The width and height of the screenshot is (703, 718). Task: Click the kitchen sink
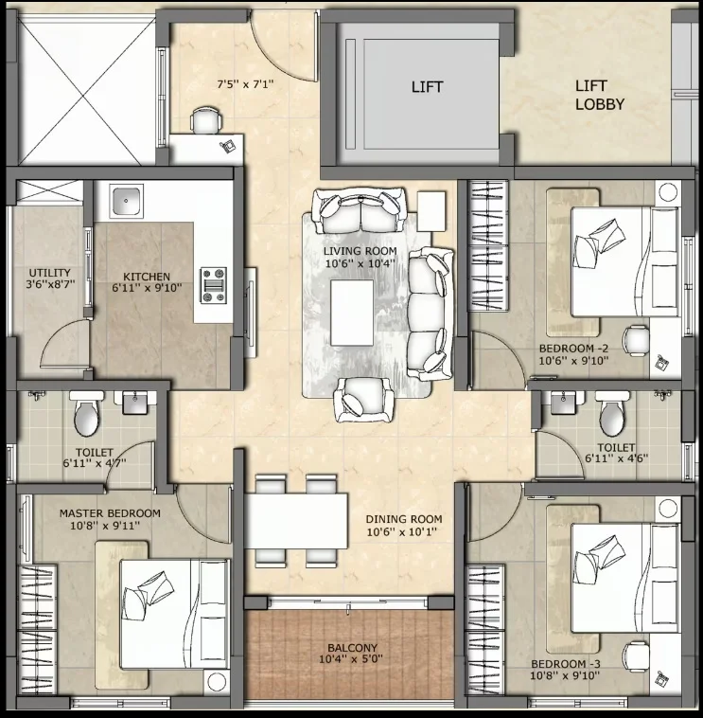point(126,201)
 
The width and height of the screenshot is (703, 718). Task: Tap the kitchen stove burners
point(213,286)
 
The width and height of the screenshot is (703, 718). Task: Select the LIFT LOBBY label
point(599,95)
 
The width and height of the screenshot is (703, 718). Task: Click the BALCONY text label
point(352,648)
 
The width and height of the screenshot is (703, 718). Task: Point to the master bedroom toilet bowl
point(86,414)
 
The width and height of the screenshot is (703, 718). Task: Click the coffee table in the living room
point(352,313)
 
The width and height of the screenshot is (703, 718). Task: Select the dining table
point(296,521)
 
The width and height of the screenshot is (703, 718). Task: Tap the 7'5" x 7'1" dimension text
point(245,84)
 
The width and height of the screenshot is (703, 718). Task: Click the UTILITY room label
point(50,273)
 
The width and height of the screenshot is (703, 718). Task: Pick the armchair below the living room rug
point(364,400)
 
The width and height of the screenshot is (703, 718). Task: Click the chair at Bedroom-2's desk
point(636,340)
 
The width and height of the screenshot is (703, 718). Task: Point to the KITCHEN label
point(147,277)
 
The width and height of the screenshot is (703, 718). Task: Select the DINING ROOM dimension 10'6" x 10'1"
point(401,531)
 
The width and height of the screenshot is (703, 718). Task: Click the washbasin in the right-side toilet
point(563,402)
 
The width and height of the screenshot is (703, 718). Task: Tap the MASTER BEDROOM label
point(110,513)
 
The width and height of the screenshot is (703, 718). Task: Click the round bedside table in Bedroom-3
point(668,509)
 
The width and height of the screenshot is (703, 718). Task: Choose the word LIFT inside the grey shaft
point(428,87)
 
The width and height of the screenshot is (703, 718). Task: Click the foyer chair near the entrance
point(206,120)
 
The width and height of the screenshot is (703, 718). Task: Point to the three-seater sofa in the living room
point(431,314)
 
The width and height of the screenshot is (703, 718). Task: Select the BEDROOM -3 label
point(565,664)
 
